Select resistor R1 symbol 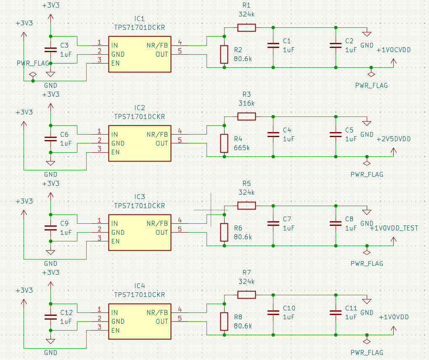pyautogui.click(x=246, y=28)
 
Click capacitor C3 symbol pyautogui.click(x=50, y=49)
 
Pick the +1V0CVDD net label pyautogui.click(x=394, y=50)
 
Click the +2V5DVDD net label pyautogui.click(x=394, y=139)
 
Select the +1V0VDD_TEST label pyautogui.click(x=394, y=228)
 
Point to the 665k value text pyautogui.click(x=242, y=148)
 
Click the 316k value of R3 pyautogui.click(x=246, y=103)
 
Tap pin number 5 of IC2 pyautogui.click(x=180, y=140)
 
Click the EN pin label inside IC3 pyautogui.click(x=116, y=241)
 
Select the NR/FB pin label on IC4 pyautogui.click(x=157, y=312)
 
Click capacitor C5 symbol pyautogui.click(x=336, y=135)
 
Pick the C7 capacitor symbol pyautogui.click(x=273, y=224)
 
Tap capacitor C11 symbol pyautogui.click(x=336, y=312)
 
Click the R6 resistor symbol pyautogui.click(x=224, y=232)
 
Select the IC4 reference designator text pyautogui.click(x=140, y=286)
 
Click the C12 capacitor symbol pyautogui.click(x=50, y=317)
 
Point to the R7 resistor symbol pyautogui.click(x=246, y=295)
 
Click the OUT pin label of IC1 pyautogui.click(x=162, y=54)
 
